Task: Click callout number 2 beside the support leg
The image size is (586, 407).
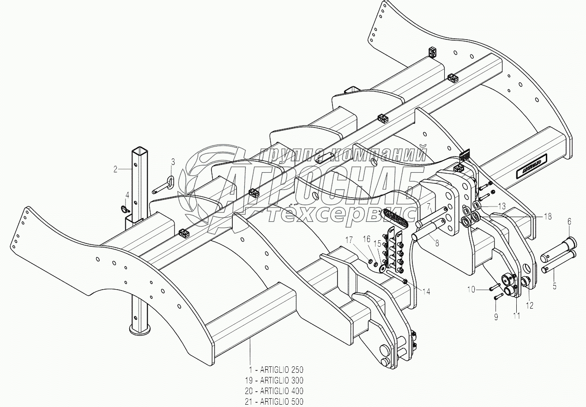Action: tap(115, 169)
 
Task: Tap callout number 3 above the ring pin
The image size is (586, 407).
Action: tap(173, 162)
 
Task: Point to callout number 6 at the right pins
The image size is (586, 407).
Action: tap(569, 221)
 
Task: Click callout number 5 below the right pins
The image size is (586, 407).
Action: tap(555, 286)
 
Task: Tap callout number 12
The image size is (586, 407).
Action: tap(530, 305)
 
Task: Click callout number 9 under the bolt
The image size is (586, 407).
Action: tap(496, 317)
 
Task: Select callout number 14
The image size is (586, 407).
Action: tap(426, 292)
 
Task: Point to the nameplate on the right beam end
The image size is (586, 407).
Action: tap(529, 165)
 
